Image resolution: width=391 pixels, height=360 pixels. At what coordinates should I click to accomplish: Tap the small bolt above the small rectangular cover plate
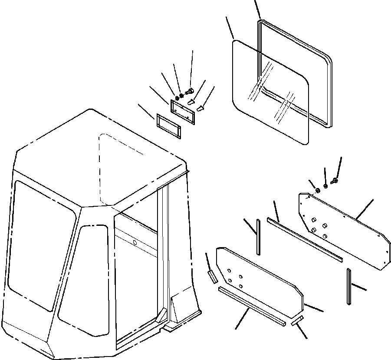(189, 92)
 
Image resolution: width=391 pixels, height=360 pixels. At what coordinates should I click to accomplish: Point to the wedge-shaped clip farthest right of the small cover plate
(200, 108)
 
